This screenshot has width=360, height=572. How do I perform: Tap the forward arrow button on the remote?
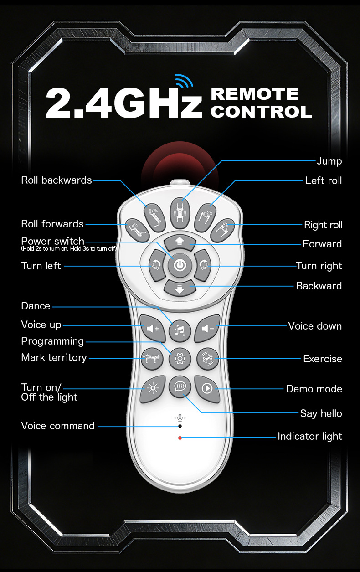click(x=180, y=242)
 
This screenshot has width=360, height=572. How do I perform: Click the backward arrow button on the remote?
click(x=180, y=288)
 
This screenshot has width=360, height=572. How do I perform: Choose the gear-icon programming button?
click(x=180, y=359)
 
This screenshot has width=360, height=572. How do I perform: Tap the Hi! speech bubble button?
click(x=180, y=386)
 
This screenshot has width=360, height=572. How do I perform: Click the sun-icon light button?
click(x=152, y=388)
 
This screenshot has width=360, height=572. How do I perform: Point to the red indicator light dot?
click(x=180, y=438)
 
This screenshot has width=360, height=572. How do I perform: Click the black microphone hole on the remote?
click(x=180, y=426)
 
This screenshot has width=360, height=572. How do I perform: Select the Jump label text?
click(x=329, y=161)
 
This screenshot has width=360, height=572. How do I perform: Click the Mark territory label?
click(x=54, y=358)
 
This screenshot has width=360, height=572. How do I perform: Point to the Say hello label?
click(x=321, y=413)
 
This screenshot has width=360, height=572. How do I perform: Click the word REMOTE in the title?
click(x=255, y=94)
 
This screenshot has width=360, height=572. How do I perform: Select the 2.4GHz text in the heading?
click(x=123, y=104)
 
